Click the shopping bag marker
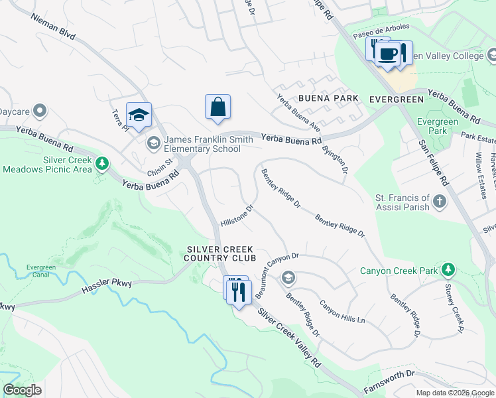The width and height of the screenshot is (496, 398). pyautogui.click(x=217, y=107)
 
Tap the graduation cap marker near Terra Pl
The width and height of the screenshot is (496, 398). pyautogui.click(x=139, y=115)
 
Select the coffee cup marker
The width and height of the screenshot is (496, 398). pyautogui.click(x=389, y=53)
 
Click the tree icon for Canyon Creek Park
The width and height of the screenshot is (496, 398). pyautogui.click(x=449, y=269)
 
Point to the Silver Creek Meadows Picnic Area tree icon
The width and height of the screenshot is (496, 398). pyautogui.click(x=101, y=162)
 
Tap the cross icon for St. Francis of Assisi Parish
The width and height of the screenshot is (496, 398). pyautogui.click(x=438, y=200)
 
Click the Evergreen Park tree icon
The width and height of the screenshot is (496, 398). pyautogui.click(x=424, y=122)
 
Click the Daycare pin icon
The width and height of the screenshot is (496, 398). pyautogui.click(x=40, y=110)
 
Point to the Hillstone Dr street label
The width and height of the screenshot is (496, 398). pyautogui.click(x=237, y=215)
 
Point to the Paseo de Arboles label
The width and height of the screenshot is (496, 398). pyautogui.click(x=381, y=31)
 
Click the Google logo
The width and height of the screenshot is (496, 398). pyautogui.click(x=22, y=390)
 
